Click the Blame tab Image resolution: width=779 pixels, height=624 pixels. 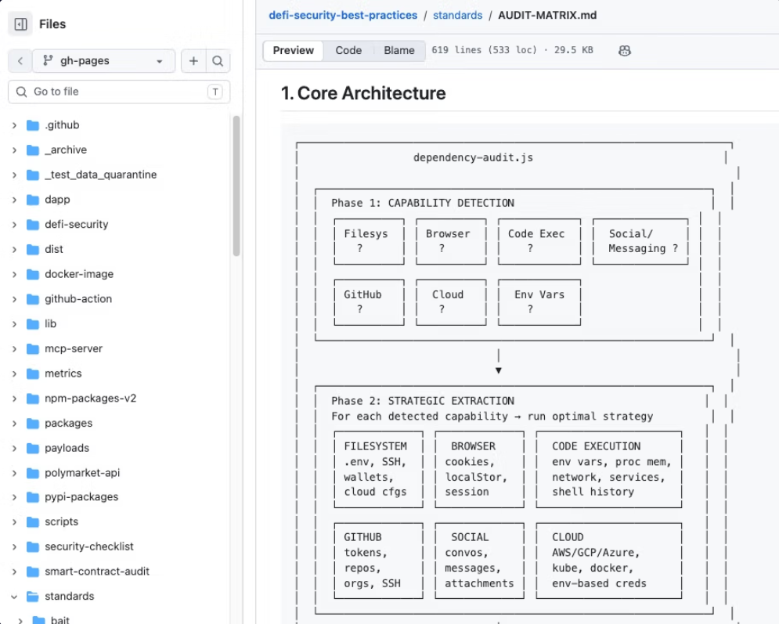pos(399,50)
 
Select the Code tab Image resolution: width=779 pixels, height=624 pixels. pos(348,50)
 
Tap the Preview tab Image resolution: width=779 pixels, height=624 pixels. pos(293,50)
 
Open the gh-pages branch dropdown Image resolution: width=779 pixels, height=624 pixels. pos(103,60)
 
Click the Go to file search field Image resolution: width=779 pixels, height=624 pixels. pos(119,92)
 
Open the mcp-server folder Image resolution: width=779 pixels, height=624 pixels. pos(74,348)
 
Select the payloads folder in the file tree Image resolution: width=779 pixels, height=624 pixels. pos(67,448)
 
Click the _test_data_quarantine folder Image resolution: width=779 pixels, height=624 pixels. pos(100,175)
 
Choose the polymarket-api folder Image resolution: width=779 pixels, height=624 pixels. pos(82,473)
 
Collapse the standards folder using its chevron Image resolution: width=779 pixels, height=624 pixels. pos(14,596)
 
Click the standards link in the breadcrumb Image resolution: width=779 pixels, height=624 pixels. pos(457,16)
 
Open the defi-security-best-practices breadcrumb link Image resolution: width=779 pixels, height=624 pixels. pos(343,16)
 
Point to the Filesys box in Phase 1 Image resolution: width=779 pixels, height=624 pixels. pos(369,241)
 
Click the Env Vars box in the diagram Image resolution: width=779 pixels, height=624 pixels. pos(539,302)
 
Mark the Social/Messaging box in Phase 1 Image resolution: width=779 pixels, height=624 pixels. pos(640,241)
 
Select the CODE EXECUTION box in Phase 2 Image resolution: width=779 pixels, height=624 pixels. pos(608,470)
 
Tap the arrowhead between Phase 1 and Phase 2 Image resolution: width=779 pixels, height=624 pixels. pos(498,370)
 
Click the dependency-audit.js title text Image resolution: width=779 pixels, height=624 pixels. pos(473,158)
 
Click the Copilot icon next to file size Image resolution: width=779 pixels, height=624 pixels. pos(625,51)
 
